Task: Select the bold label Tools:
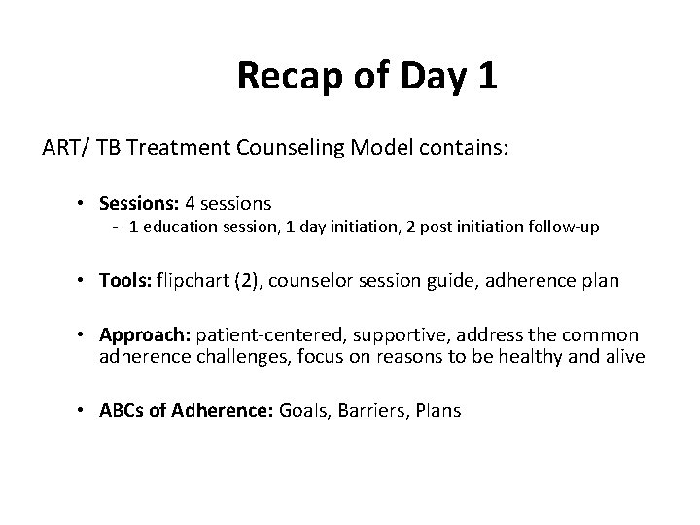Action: [122, 281]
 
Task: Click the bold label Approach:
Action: [145, 335]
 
